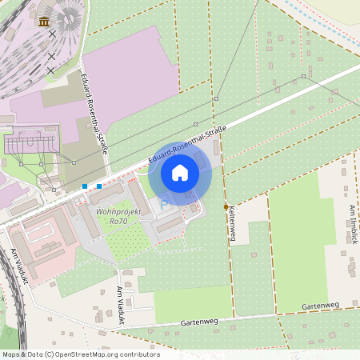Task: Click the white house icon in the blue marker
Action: click(180, 172)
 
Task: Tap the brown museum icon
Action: click(43, 22)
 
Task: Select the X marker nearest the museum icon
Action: click(52, 34)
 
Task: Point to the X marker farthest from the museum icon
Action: click(50, 70)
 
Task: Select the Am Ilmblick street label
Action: click(353, 220)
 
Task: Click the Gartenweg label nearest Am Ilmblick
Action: click(321, 306)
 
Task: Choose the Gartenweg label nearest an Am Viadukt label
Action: click(199, 322)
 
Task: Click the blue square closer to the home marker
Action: click(99, 186)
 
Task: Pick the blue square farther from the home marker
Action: click(85, 186)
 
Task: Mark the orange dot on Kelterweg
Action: click(226, 206)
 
